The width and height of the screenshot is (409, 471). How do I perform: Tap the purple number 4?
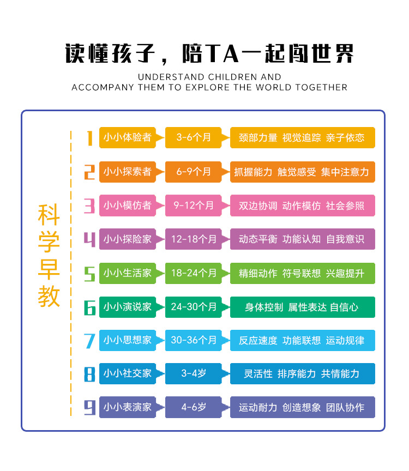(89, 239)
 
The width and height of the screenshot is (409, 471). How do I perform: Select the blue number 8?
(89, 374)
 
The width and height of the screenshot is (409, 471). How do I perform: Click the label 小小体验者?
(127, 138)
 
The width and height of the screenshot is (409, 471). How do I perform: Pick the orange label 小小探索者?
(127, 172)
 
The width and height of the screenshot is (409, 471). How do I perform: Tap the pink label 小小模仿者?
(127, 206)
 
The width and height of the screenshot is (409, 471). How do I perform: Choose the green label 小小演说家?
(127, 307)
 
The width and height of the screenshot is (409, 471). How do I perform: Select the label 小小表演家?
(127, 407)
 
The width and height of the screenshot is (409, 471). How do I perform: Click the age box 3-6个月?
(194, 138)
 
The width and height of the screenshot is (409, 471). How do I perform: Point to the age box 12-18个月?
(194, 239)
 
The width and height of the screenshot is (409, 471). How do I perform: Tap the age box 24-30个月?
(194, 307)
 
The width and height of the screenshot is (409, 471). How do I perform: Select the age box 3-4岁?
(194, 374)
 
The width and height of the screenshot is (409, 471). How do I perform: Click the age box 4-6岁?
(194, 407)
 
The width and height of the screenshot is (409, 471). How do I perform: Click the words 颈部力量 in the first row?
(258, 138)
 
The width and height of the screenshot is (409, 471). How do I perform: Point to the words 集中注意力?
(345, 172)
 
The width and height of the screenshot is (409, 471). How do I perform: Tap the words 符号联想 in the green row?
(302, 273)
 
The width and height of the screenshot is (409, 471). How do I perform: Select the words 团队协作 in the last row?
(345, 407)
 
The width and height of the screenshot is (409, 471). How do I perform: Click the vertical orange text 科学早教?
(49, 256)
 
